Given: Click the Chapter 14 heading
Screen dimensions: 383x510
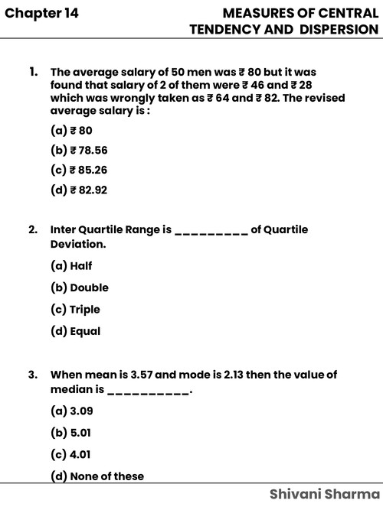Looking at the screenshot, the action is pos(41,12).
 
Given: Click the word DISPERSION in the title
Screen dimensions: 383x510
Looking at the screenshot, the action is pos(341,30).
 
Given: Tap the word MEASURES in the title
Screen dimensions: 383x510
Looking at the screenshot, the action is pos(260,12).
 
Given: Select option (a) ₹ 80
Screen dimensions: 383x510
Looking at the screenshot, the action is pos(71,131).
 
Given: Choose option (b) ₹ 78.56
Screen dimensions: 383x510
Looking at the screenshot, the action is pos(79,150).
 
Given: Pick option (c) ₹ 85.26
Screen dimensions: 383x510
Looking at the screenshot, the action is pos(79,170).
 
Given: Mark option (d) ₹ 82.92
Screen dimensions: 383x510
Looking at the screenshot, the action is pos(79,190).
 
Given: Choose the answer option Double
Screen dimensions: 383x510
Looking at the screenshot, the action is pos(79,288).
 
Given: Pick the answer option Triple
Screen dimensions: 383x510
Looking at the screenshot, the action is pos(75,310).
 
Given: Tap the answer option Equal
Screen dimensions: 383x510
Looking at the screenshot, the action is pos(75,332).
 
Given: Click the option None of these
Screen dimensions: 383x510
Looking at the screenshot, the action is pos(97,476).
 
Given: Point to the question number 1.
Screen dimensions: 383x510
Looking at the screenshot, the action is pos(34,72).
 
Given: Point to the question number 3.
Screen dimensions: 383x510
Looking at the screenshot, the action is pos(33,375).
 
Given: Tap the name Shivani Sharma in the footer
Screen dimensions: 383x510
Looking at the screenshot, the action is pos(324,495).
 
